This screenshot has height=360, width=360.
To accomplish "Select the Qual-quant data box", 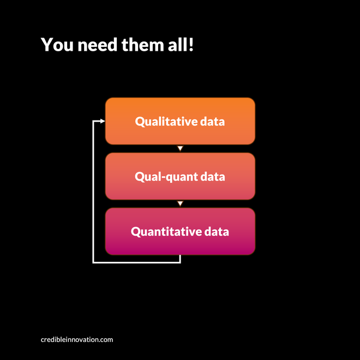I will [180, 164].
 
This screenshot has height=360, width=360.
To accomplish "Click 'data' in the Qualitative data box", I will [212, 121].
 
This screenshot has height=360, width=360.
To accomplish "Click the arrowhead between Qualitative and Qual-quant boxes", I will [180, 148].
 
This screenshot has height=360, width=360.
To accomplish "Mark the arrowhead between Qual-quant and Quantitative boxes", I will [180, 203].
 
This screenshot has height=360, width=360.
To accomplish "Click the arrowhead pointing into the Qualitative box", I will [102, 121].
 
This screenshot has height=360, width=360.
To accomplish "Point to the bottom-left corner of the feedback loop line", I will [94, 262].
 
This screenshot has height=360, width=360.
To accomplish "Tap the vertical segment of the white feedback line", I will [94, 191].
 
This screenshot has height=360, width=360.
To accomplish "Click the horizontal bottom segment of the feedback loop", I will [136, 262].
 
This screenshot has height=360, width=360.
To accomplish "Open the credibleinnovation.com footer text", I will [77, 339].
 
